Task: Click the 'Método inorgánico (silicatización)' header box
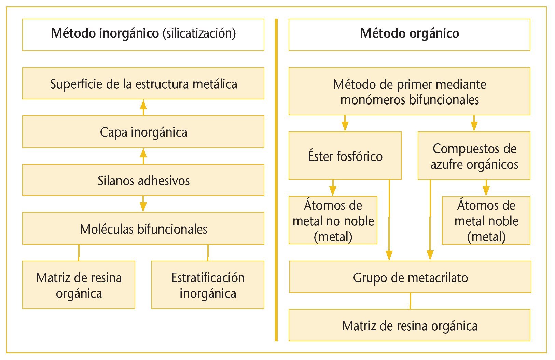143,34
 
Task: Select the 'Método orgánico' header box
409,34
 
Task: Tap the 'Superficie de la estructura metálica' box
143,83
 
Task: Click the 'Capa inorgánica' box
143,132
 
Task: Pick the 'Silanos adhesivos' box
143,180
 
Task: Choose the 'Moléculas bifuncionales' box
143,229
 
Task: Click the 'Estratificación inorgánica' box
208,285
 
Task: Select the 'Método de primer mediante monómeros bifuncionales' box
409,91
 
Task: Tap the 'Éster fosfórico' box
345,156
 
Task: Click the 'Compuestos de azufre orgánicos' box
474,156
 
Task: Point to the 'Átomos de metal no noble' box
333,220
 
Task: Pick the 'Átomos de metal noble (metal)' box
486,220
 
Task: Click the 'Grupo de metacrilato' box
410,277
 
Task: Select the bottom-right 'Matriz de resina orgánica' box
409,325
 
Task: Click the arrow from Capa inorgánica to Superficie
143,107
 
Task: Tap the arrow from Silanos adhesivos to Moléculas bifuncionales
143,204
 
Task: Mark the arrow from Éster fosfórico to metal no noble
333,188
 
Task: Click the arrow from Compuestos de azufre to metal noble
486,188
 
